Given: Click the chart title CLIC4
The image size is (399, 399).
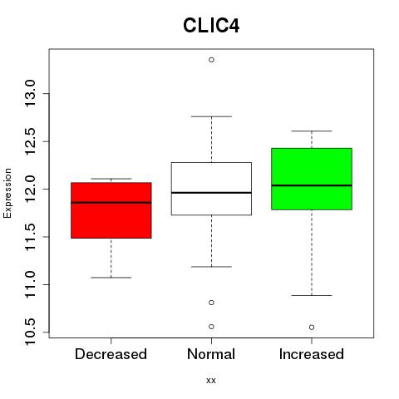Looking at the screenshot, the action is (211, 26).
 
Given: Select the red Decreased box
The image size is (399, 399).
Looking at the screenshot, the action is (111, 210).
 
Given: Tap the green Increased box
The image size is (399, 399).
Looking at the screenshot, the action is (312, 179).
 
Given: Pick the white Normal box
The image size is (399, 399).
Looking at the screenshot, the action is (211, 189).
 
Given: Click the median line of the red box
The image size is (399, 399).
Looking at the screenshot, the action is (111, 203).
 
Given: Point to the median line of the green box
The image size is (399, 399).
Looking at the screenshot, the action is (312, 185).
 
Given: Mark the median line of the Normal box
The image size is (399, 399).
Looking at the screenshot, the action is (211, 193).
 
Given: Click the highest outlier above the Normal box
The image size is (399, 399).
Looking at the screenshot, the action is (211, 60).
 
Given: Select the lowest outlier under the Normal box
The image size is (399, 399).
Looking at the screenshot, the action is (211, 327).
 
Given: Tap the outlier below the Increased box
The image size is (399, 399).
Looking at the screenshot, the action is (312, 328).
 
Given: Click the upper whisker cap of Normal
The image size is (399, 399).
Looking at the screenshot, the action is (211, 116).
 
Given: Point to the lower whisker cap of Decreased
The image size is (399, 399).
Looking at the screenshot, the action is (111, 278).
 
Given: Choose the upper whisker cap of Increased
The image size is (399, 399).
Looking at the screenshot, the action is (312, 131).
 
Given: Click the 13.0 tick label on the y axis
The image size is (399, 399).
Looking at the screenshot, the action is (30, 94).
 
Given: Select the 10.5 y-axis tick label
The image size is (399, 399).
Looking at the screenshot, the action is (30, 332).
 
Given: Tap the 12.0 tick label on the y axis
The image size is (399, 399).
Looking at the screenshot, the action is (30, 189).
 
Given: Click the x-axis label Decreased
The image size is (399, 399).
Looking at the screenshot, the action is (111, 354).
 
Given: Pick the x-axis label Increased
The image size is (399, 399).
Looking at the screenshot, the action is (312, 354).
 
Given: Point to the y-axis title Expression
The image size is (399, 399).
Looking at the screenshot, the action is (7, 193).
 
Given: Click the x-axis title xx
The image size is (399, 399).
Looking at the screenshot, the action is (211, 381).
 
